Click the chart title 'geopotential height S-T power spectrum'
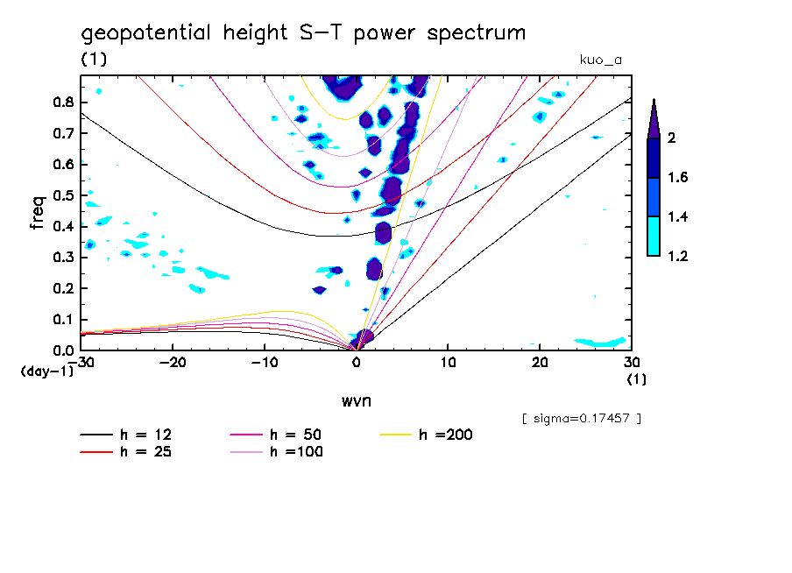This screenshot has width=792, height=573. pos(303,34)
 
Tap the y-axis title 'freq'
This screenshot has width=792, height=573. pos(38,212)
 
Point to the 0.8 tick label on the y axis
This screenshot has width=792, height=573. pos(61,102)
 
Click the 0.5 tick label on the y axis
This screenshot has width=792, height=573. pos(61,195)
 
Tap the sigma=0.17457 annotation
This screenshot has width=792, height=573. pos(581,418)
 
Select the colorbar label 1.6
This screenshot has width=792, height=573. pos(677,178)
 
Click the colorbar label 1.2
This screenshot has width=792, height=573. pos(677,257)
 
